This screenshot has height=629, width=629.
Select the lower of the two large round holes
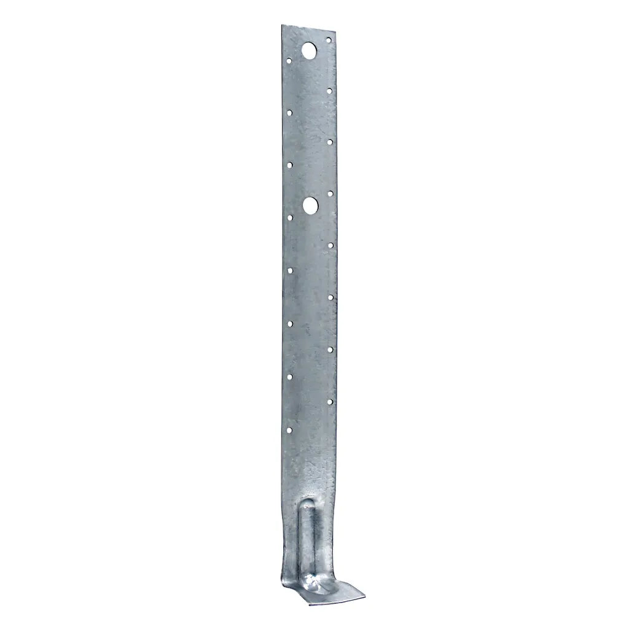pos(311,205)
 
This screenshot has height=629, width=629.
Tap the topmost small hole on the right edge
pos(329,41)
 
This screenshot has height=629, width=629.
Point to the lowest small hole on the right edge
pos(330,402)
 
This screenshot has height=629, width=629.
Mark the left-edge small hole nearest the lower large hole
pos(290,217)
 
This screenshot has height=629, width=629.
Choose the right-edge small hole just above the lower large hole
pos(330,193)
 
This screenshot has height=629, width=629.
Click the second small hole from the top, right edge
pos(329,90)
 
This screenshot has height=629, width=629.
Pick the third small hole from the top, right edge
pos(330,142)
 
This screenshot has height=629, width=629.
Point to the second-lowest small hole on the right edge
pos(330,350)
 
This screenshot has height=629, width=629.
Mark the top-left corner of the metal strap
pos(282,26)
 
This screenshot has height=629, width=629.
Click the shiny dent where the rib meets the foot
pos(312,581)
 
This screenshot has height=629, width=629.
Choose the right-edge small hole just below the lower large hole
pos(330,245)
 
